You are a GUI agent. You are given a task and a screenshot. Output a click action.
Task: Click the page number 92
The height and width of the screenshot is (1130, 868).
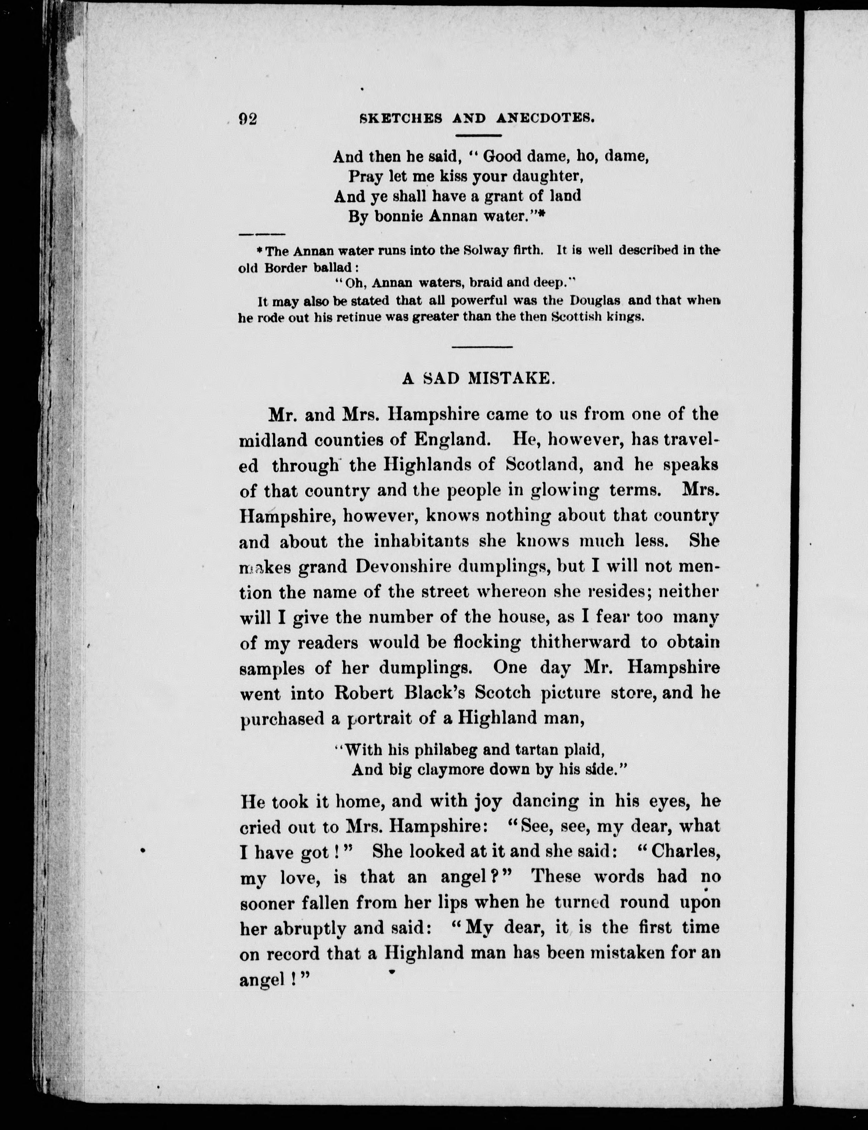click(248, 119)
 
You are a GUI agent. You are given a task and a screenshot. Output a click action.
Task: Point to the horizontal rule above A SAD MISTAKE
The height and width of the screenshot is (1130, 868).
click(482, 346)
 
